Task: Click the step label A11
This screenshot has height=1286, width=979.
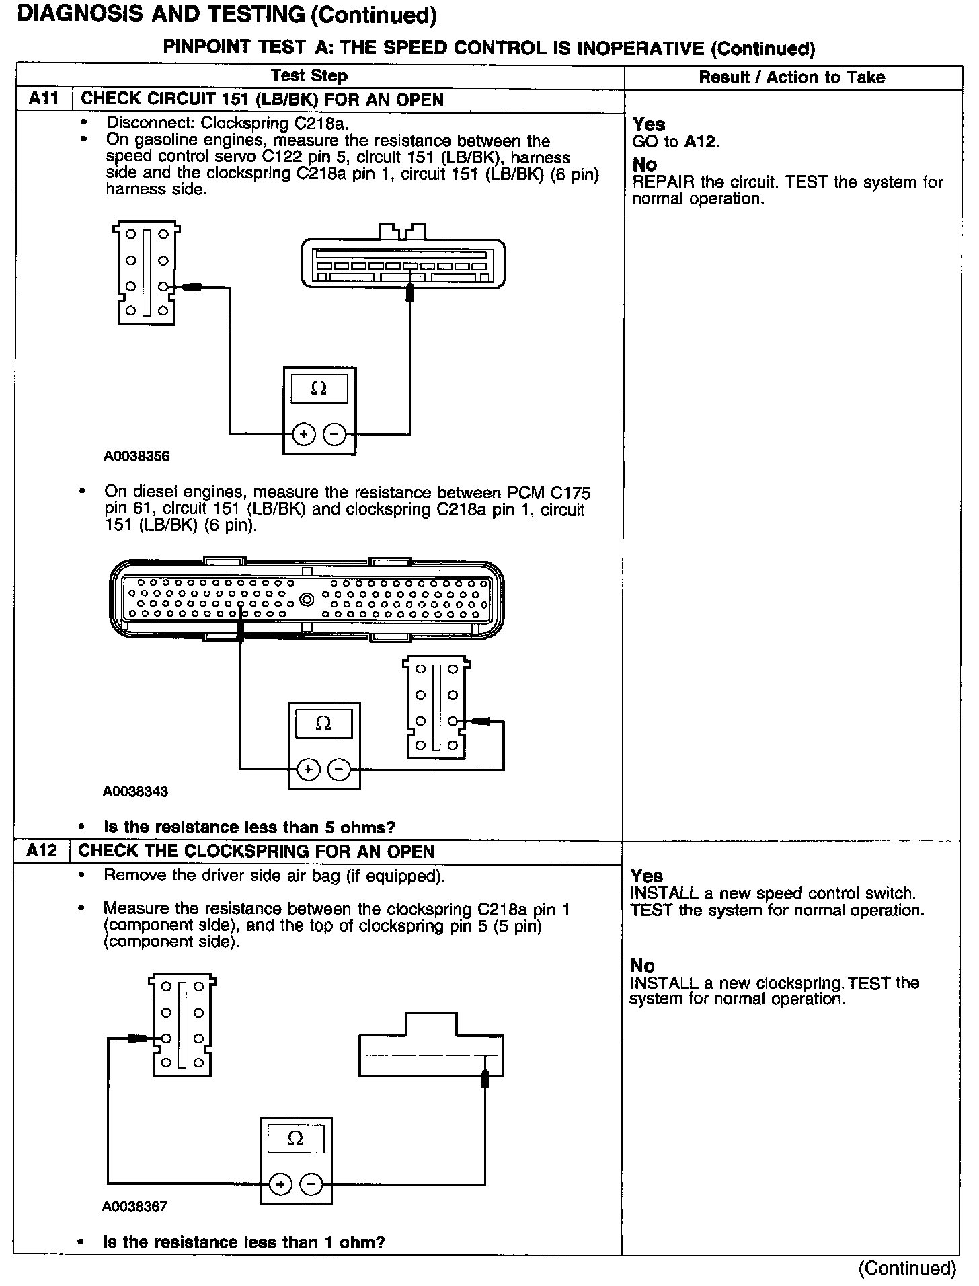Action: tap(44, 99)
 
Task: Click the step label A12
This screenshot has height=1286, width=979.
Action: tap(42, 851)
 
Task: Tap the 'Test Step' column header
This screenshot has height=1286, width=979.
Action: tap(309, 76)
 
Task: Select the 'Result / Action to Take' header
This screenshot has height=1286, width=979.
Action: tap(792, 77)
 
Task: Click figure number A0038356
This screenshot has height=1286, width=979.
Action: tap(136, 456)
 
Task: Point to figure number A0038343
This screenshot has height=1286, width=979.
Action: tap(135, 791)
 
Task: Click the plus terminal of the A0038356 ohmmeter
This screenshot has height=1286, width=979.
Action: tap(304, 434)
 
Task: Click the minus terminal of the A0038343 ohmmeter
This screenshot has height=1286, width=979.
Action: tap(340, 769)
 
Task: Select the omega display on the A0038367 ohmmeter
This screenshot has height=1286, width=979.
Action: tap(295, 1138)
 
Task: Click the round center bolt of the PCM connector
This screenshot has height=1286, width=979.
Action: tap(307, 599)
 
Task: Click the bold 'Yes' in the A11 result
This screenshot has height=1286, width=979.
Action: tap(649, 124)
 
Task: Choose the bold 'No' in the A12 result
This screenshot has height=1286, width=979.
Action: tap(642, 966)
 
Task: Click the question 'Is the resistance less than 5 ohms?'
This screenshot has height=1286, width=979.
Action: tap(249, 827)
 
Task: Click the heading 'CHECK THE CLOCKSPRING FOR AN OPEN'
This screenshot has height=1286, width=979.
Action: tap(256, 851)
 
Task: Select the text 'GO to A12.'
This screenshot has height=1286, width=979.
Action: tap(676, 141)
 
